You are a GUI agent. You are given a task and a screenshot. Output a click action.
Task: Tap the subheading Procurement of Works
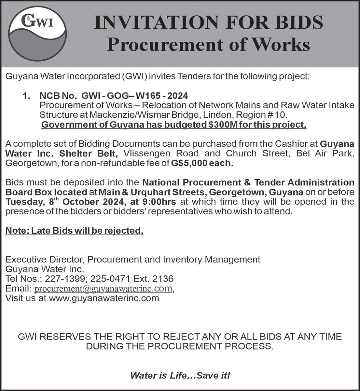208,45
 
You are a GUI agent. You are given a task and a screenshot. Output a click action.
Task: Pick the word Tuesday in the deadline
23,201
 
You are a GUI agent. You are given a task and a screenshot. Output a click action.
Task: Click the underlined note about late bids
74,231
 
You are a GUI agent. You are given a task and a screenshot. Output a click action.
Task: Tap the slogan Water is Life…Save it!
180,375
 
